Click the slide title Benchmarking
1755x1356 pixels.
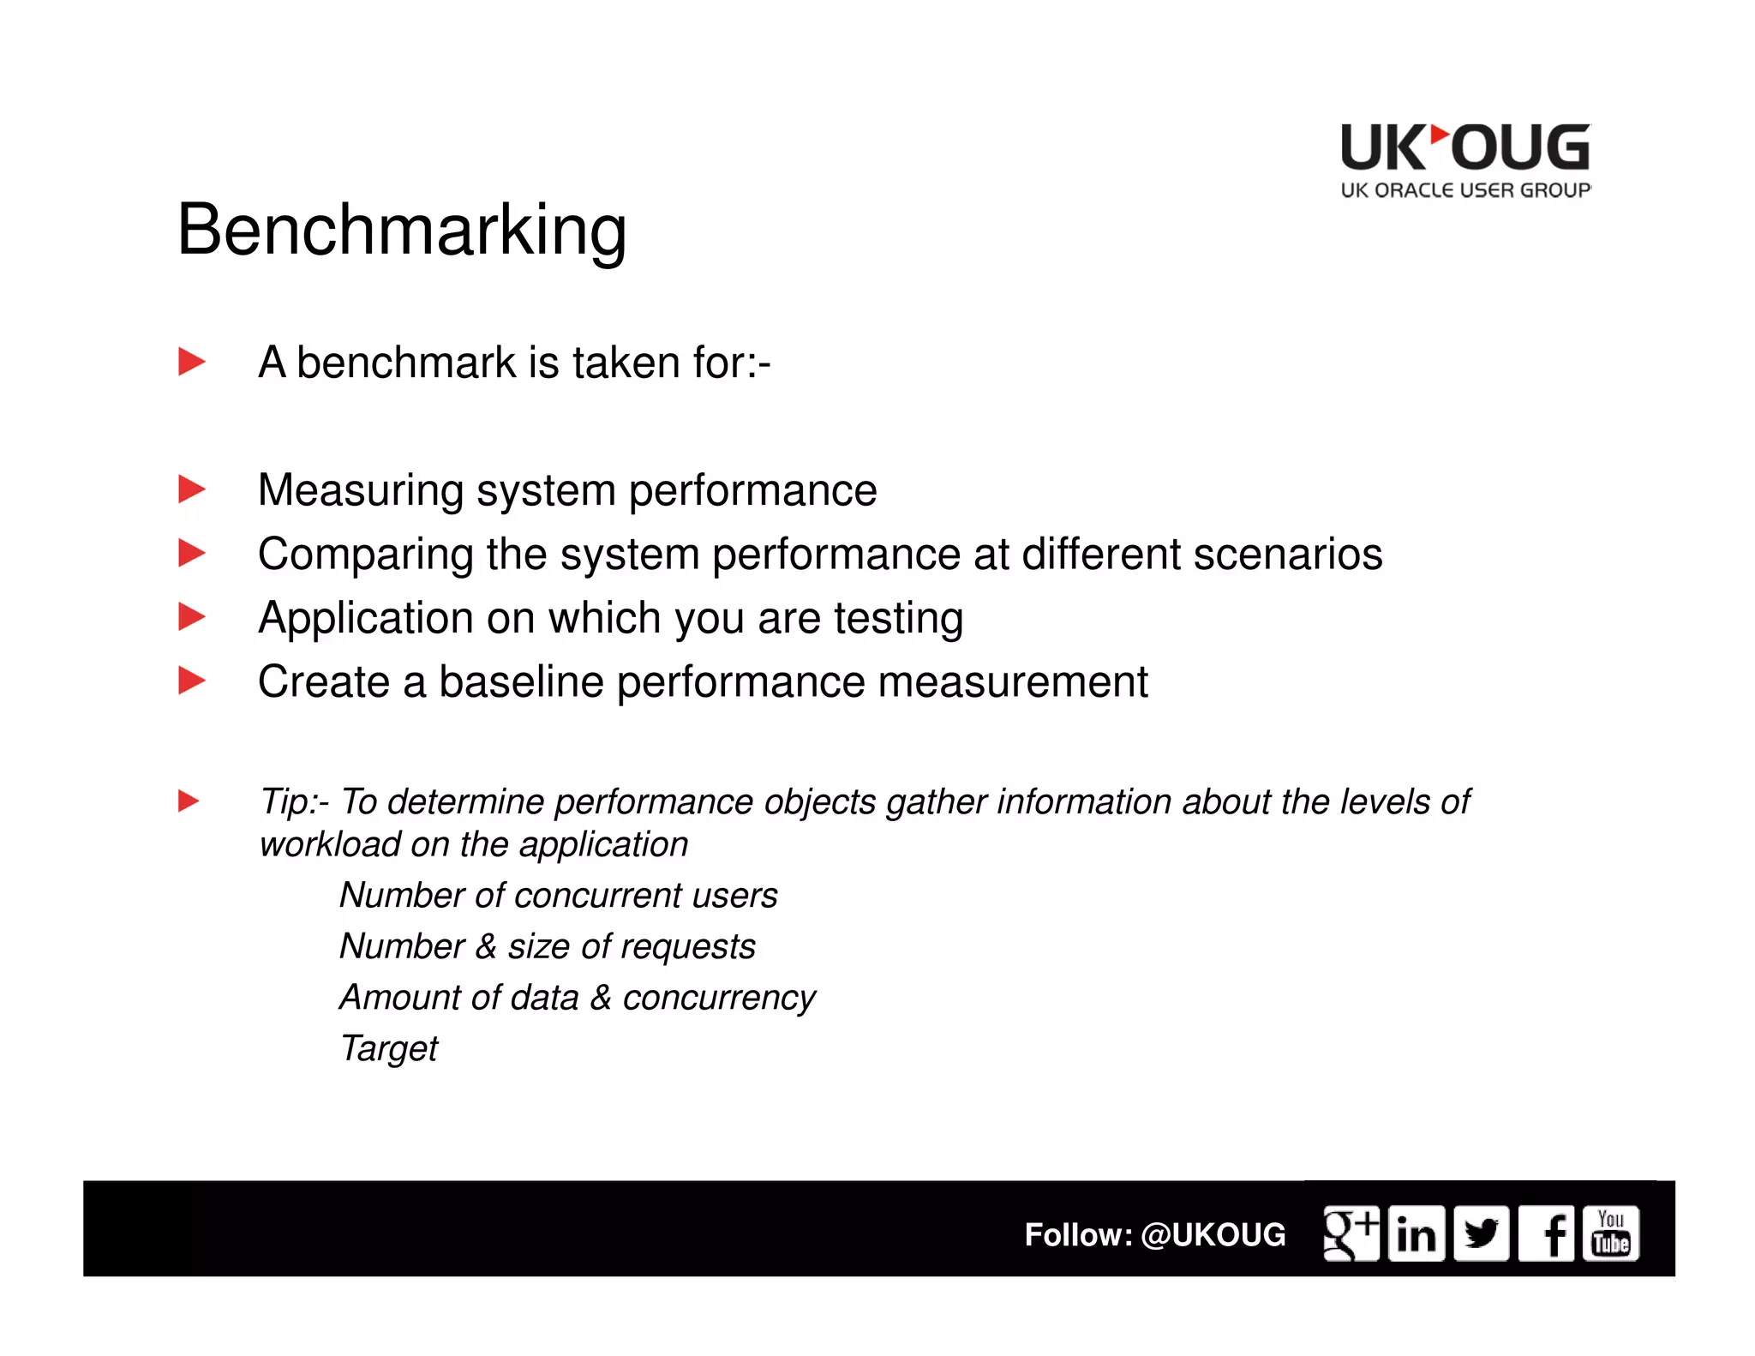(402, 230)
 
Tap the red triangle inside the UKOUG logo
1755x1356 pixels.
(1439, 135)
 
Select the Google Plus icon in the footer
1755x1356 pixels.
(1351, 1233)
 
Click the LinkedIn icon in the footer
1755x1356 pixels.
(1416, 1233)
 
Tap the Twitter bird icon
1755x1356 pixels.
(1481, 1233)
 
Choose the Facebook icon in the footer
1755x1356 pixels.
(1547, 1233)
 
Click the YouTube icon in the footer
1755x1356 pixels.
(1611, 1233)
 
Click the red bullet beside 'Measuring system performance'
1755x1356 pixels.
(191, 489)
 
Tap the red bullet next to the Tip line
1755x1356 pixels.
(189, 801)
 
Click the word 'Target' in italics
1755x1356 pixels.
(389, 1048)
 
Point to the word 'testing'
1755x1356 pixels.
(898, 618)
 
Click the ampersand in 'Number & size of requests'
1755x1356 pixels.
(486, 946)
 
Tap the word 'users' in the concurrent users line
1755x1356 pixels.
(735, 895)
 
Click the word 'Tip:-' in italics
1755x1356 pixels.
(294, 801)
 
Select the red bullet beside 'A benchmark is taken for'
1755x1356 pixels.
(191, 362)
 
